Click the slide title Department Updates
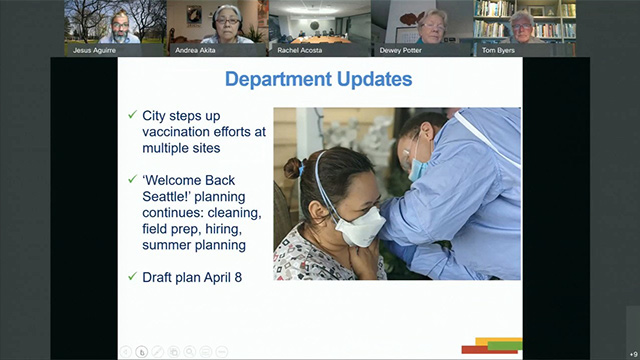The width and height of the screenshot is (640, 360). point(318,79)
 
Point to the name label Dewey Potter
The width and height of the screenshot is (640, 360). point(422,49)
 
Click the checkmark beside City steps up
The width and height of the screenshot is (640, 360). point(131,116)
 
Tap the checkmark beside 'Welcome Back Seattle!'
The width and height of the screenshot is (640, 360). point(131,180)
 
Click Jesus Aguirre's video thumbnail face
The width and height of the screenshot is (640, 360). point(118,21)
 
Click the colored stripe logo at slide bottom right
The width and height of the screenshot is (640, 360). point(492,346)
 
